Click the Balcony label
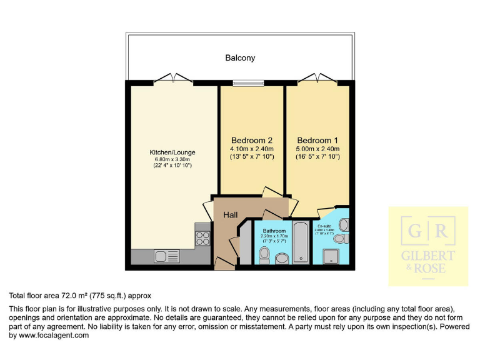pos(240,58)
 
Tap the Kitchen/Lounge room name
pos(172,152)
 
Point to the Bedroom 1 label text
pos(317,140)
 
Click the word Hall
pos(230,215)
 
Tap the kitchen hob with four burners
pos(203,237)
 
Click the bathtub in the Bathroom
pos(300,241)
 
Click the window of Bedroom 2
pos(248,82)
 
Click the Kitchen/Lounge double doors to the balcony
pos(173,79)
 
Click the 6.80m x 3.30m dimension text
pos(172,160)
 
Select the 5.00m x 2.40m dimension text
pos(317,149)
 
